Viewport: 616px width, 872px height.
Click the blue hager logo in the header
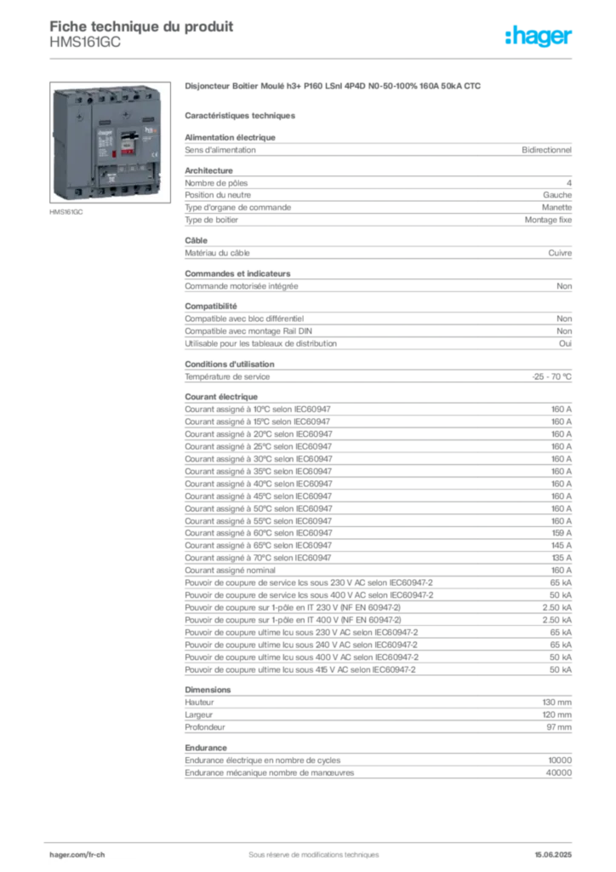(540, 37)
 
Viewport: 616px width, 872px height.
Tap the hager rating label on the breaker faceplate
(104, 146)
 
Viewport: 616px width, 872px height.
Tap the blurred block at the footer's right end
(557, 852)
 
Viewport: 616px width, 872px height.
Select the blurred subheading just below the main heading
(241, 115)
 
